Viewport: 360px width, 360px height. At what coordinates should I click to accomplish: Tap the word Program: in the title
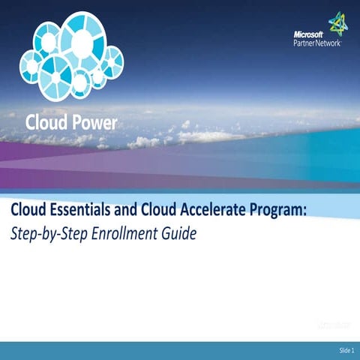(279, 209)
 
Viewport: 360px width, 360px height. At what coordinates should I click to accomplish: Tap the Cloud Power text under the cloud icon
(71, 122)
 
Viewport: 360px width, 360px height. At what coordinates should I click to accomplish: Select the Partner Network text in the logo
(316, 43)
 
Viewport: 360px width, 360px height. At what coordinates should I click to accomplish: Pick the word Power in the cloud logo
(94, 122)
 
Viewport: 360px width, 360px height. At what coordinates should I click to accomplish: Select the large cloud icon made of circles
(70, 56)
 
